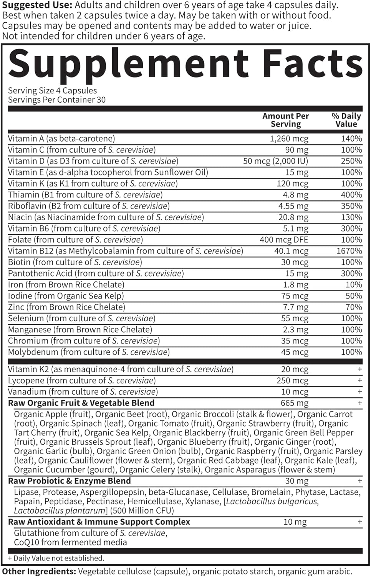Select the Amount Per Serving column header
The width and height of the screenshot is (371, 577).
(x=285, y=120)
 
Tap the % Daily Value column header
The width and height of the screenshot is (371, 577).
(x=346, y=120)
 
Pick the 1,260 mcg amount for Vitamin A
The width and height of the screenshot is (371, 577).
(x=289, y=138)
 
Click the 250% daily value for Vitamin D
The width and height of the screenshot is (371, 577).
(x=351, y=161)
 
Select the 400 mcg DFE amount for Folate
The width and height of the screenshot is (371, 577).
(x=284, y=240)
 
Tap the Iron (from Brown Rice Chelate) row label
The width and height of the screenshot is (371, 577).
(x=66, y=285)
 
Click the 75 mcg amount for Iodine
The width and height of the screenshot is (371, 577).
(x=295, y=296)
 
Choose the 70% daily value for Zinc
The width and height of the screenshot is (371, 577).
(x=353, y=307)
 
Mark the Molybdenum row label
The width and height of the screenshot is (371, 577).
(x=89, y=352)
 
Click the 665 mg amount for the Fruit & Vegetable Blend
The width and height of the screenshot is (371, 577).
(x=294, y=403)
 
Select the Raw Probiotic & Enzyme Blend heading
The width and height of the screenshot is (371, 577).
(x=69, y=481)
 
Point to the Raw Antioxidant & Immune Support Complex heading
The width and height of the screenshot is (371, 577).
(x=99, y=522)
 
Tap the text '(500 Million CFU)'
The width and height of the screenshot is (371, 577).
(x=142, y=510)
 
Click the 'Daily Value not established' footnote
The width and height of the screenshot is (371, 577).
(x=56, y=558)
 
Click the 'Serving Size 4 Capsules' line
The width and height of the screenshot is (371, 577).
(x=52, y=91)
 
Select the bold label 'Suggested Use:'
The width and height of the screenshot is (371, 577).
(x=37, y=5)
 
